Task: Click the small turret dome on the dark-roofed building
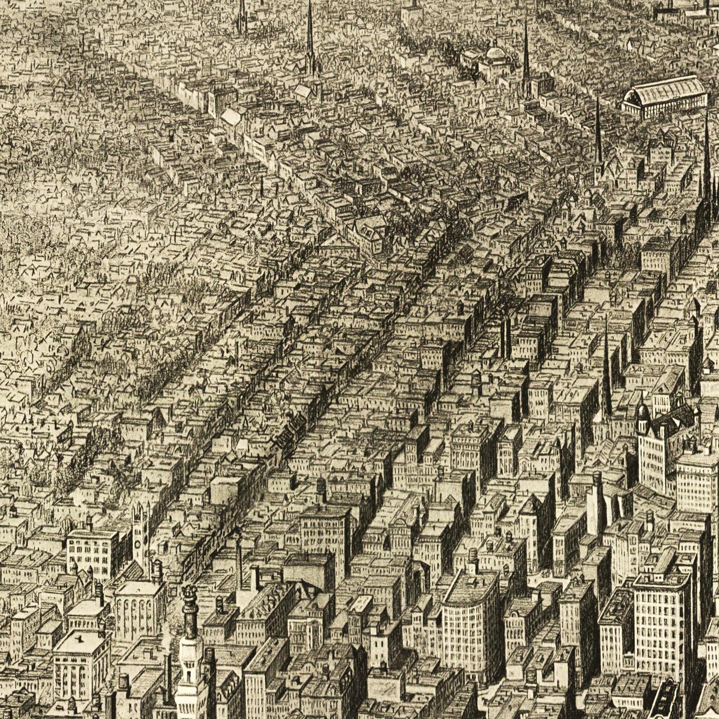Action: (x=643, y=411)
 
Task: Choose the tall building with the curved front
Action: (x=470, y=617)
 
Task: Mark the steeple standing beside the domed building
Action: (x=526, y=55)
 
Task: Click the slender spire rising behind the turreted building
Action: (x=607, y=368)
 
